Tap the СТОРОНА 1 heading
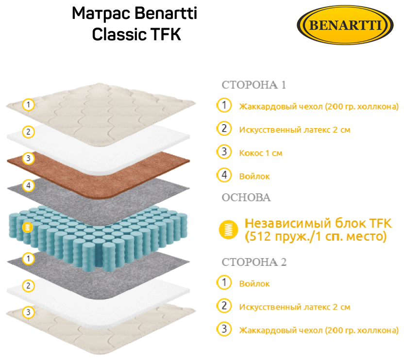(x=253, y=85)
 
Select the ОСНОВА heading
(x=246, y=197)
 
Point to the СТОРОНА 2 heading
(x=254, y=262)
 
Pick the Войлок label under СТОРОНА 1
(x=254, y=177)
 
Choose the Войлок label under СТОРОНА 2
(x=254, y=284)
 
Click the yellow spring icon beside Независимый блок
(x=226, y=229)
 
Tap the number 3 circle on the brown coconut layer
(x=28, y=158)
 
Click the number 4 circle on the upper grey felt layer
(x=28, y=185)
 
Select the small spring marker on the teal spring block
(x=28, y=227)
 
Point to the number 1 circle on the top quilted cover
(x=29, y=104)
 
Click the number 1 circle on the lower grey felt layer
(x=28, y=259)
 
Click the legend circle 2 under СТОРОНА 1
(x=224, y=129)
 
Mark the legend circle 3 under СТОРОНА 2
(x=224, y=329)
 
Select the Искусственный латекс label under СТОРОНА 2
(x=295, y=307)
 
